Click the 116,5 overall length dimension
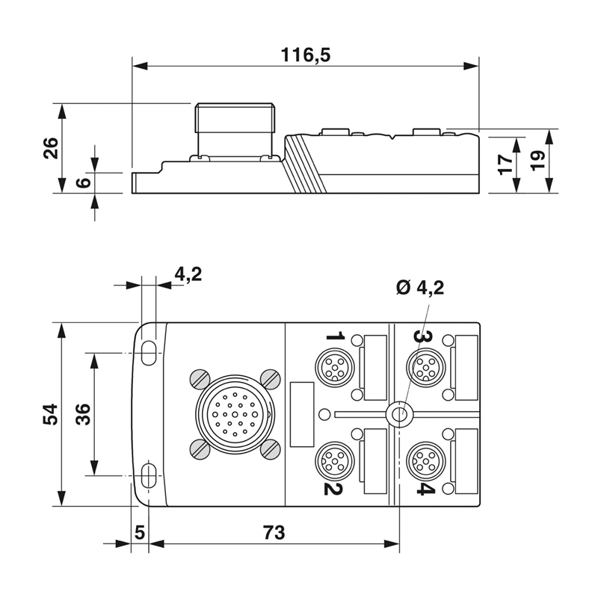(x=306, y=55)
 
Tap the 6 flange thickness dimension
(x=84, y=182)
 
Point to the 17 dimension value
(x=506, y=164)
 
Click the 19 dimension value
(x=537, y=161)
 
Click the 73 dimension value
(x=274, y=532)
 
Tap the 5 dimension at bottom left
(x=140, y=532)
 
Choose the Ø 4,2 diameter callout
(x=420, y=288)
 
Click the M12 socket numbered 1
(x=334, y=367)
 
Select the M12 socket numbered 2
(x=334, y=460)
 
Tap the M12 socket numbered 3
(x=426, y=367)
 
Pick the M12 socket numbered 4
(x=426, y=460)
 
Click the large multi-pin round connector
(x=235, y=414)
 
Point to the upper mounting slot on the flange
(x=148, y=353)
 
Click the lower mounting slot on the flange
(x=148, y=475)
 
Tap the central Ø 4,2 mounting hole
(x=399, y=414)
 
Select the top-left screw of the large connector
(x=200, y=380)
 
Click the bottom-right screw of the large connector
(x=271, y=449)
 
